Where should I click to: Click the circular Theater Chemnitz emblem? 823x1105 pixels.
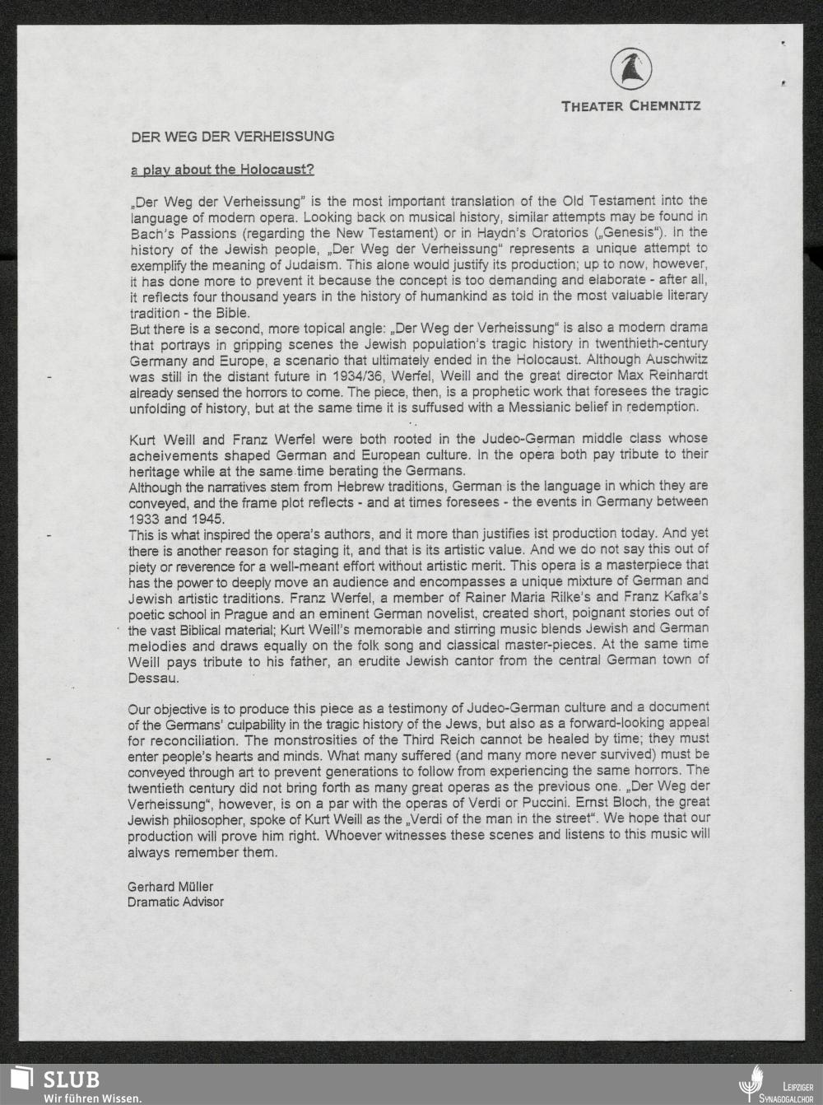[631, 69]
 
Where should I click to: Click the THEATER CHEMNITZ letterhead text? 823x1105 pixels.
[630, 106]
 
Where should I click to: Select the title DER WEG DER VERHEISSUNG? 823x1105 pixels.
[233, 136]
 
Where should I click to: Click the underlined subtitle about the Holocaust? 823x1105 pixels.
[222, 170]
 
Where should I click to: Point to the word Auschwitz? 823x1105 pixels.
[675, 360]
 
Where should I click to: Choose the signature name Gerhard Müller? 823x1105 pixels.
[170, 887]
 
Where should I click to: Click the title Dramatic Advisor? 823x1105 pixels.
[175, 902]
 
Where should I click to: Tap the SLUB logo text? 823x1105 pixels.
[72, 1079]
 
